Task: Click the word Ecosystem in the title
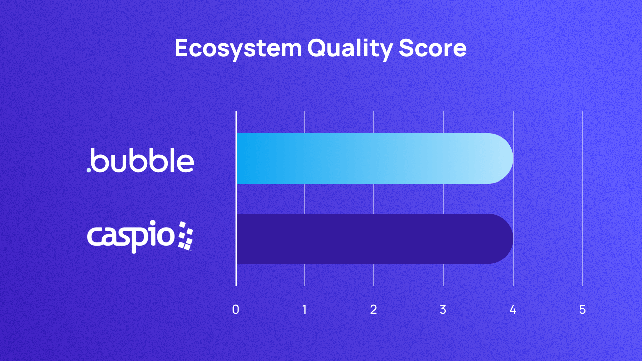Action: (238, 49)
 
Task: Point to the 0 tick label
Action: (236, 310)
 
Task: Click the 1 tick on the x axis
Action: (305, 310)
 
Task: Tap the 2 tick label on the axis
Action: (374, 310)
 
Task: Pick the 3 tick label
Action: (443, 310)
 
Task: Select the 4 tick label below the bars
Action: (513, 310)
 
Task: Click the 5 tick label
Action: (582, 310)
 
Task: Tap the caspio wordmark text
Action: (131, 237)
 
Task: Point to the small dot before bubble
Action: (89, 170)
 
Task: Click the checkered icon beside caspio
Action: (185, 235)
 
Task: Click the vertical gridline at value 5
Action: (582, 201)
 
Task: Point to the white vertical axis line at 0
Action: (236, 201)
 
